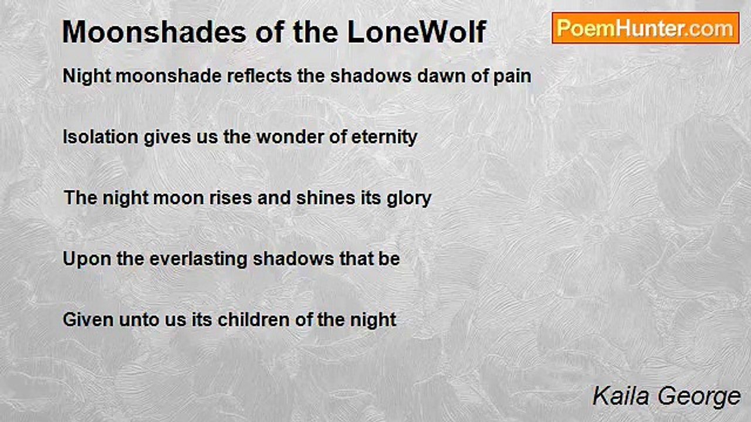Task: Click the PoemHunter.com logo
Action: [645, 28]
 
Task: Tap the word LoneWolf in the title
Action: [417, 32]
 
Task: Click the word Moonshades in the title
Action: [154, 32]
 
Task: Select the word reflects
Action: [259, 76]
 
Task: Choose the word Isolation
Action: [100, 137]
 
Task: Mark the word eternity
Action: [384, 138]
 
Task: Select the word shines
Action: [326, 198]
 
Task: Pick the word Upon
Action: [87, 260]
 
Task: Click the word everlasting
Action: [198, 260]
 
